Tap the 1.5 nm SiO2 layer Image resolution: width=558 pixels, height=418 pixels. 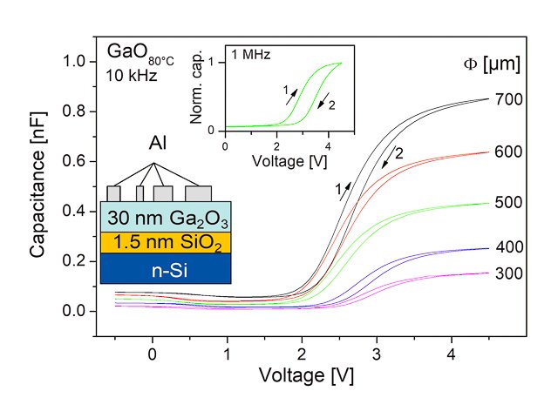click(x=166, y=240)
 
